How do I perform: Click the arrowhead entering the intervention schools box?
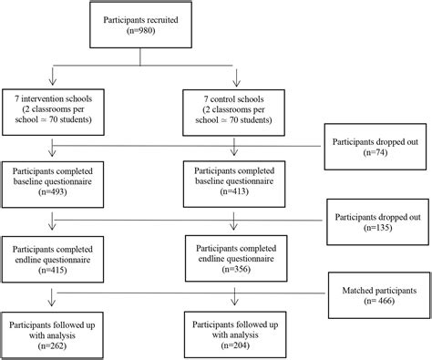57,83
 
